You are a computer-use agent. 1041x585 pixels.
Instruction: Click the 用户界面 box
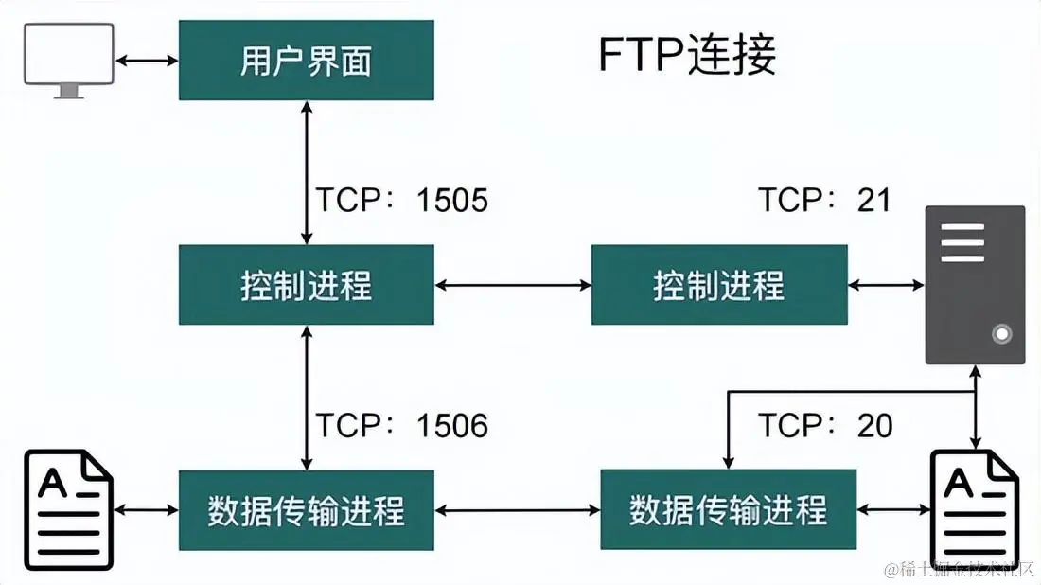pos(306,62)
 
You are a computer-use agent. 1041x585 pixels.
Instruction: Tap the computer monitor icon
pos(69,60)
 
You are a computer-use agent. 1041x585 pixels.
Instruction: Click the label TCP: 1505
pos(401,200)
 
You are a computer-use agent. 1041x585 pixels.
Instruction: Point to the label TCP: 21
pos(824,200)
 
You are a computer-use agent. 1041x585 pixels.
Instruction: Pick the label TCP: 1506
pos(401,426)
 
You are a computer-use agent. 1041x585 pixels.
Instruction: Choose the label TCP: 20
pos(825,426)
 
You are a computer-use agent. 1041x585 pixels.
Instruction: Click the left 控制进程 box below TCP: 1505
pos(306,285)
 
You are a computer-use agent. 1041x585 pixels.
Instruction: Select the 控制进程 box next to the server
pos(718,285)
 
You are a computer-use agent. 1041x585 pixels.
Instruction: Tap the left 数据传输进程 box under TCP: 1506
pos(306,510)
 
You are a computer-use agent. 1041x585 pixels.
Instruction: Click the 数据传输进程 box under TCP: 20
pos(728,510)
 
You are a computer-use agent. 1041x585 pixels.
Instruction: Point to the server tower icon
pos(975,284)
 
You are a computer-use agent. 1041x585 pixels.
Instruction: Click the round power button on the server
pos(1001,333)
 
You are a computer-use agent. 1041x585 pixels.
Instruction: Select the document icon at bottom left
pos(69,509)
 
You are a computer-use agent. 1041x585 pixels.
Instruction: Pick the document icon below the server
pos(975,507)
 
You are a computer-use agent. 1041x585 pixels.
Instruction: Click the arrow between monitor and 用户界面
pos(147,61)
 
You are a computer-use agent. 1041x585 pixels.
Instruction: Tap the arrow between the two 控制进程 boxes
pos(512,284)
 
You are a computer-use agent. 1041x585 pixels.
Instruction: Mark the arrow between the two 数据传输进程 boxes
pos(517,510)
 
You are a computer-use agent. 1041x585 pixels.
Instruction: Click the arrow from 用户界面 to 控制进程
pos(306,172)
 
